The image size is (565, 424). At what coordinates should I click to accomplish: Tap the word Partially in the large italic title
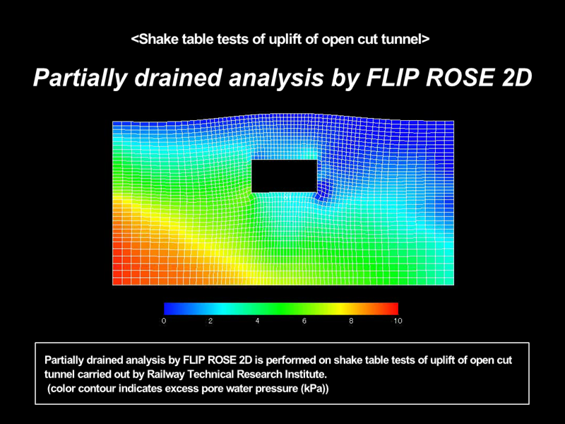tap(81, 78)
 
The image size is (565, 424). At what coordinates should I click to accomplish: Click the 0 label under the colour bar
tap(164, 321)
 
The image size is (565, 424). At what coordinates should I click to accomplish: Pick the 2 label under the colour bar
tap(210, 321)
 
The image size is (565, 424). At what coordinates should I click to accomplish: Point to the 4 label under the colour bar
tap(257, 321)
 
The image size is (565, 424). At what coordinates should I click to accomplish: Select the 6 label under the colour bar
tap(304, 321)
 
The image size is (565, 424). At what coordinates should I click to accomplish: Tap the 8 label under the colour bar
tap(351, 321)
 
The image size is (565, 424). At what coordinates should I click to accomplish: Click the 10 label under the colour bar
tap(398, 321)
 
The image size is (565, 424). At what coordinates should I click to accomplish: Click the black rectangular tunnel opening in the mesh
tap(285, 176)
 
